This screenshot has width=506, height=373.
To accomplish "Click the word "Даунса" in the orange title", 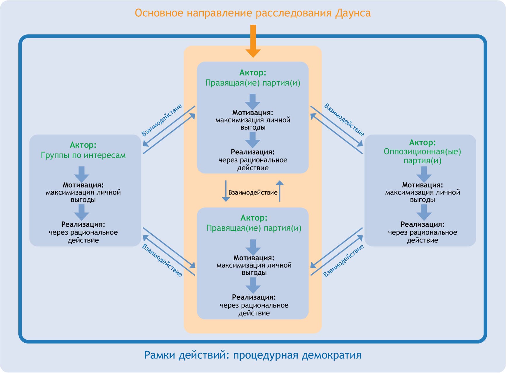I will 353,13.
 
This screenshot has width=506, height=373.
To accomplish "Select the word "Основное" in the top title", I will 159,13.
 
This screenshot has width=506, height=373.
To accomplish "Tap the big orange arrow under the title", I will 253,41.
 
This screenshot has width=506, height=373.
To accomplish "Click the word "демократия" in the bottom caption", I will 331,355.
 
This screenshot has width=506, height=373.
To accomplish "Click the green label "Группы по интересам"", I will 83,155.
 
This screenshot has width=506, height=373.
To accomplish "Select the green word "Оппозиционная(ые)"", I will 422,152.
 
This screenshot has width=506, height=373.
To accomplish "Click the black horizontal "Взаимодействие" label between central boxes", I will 253,192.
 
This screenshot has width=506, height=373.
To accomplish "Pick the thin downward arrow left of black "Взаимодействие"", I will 226,191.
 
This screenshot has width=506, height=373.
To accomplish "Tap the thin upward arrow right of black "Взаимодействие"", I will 280,191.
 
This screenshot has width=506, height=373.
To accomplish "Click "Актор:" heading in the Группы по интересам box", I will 83,145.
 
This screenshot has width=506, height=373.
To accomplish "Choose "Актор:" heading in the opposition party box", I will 422,143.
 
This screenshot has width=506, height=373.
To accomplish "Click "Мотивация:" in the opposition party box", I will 422,185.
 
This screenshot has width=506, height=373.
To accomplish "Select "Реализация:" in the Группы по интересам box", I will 83,224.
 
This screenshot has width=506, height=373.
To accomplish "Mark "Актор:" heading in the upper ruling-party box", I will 253,72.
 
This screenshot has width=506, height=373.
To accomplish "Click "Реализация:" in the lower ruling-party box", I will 254,297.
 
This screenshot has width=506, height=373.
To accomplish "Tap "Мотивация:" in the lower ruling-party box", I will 254,258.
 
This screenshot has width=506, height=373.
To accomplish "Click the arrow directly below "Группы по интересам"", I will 82,174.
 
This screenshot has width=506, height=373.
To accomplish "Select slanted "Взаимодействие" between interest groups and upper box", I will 162,120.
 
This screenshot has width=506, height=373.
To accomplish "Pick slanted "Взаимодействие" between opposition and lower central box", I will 343,261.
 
